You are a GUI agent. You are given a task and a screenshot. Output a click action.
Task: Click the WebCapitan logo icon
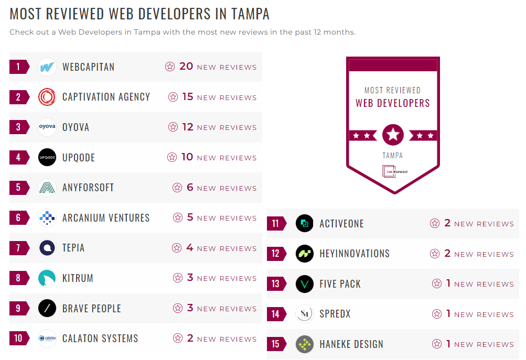point(47,67)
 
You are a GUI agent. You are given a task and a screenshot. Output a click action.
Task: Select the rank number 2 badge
point(18,97)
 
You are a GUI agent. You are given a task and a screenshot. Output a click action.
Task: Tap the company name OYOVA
point(76,127)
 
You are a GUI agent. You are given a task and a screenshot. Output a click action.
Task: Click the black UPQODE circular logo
point(47,157)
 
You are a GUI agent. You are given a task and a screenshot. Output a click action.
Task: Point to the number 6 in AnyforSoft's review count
point(190,188)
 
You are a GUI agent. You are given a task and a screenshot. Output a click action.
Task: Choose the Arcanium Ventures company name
point(106,218)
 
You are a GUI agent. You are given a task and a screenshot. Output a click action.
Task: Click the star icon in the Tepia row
point(177,248)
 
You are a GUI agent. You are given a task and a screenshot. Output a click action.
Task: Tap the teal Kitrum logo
point(47,278)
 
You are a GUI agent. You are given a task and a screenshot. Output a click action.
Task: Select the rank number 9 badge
point(18,308)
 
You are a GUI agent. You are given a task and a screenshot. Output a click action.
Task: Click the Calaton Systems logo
point(47,339)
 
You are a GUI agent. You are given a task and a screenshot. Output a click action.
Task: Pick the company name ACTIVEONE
point(341,224)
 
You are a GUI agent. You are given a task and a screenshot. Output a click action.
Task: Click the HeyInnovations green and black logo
point(304,254)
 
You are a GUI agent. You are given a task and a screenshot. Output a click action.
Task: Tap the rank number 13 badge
point(276,284)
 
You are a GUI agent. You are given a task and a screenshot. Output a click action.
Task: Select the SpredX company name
point(335,314)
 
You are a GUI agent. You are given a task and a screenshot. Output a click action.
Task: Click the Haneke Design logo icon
point(304,344)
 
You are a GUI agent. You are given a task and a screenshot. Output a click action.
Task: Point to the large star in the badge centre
point(393,135)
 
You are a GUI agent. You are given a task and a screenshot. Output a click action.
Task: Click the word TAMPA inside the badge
point(393,156)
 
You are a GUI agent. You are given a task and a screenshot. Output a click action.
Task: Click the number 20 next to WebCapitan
point(186,67)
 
